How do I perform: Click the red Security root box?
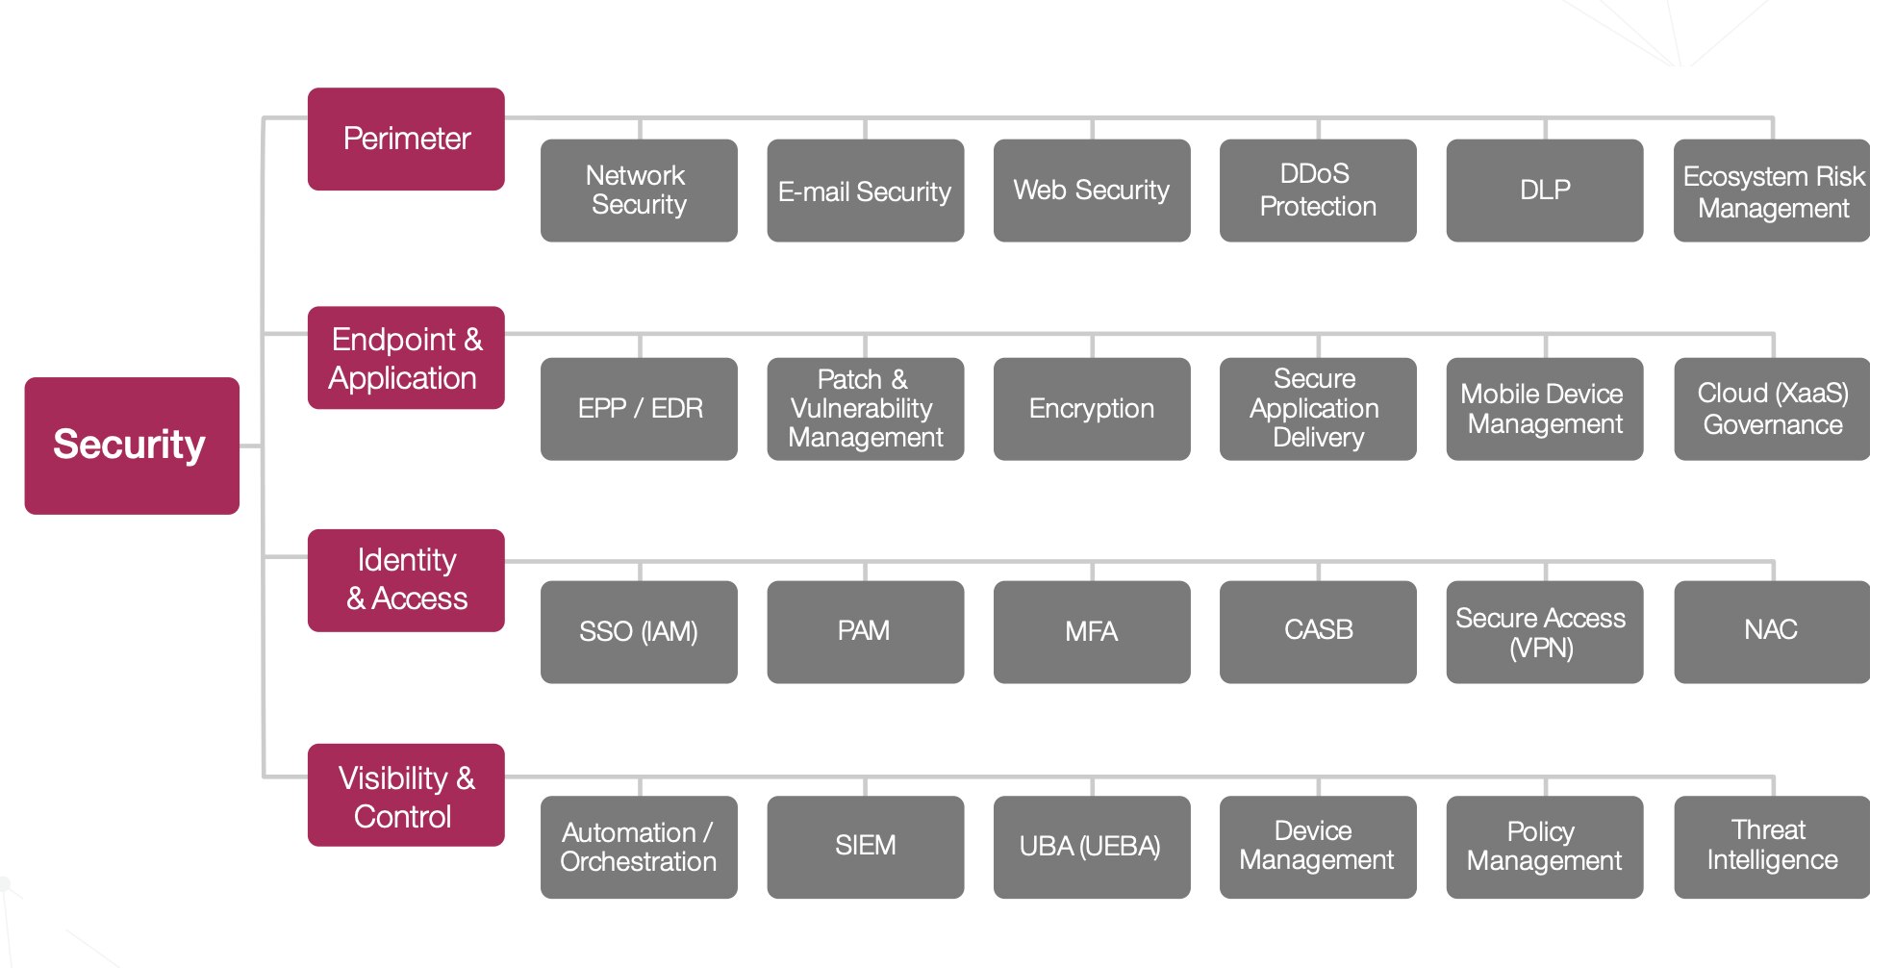click(x=132, y=445)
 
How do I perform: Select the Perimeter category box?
click(x=406, y=139)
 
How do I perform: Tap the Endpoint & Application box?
click(x=406, y=358)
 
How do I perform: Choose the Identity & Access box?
click(x=406, y=579)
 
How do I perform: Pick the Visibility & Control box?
click(x=406, y=795)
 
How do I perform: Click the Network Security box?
click(x=639, y=191)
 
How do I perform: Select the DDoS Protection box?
click(x=1318, y=191)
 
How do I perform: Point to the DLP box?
click(x=1545, y=191)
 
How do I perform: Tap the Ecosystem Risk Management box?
click(x=1772, y=191)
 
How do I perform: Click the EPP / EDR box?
click(x=639, y=409)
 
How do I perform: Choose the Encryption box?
click(x=1092, y=409)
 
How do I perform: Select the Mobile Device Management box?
click(x=1545, y=409)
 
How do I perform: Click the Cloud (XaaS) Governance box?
click(x=1772, y=409)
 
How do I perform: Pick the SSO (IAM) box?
click(x=639, y=631)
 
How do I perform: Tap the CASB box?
click(x=1318, y=631)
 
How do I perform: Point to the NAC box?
click(x=1772, y=631)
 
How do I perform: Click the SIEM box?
click(x=866, y=847)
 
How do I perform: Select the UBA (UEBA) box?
click(x=1092, y=847)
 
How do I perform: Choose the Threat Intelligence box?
click(x=1772, y=847)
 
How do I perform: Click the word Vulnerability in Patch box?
click(x=862, y=409)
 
